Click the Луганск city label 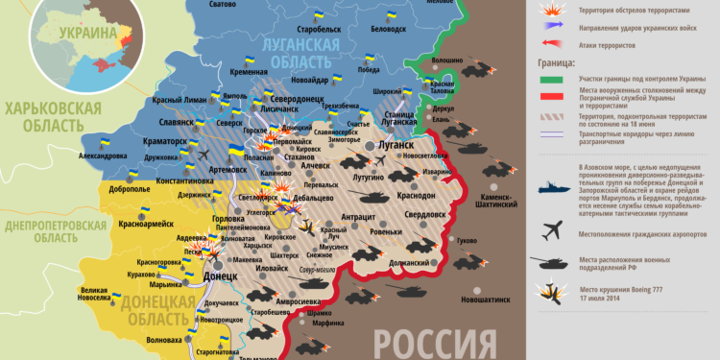395,144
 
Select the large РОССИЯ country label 425,342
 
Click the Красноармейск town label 144,223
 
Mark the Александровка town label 101,156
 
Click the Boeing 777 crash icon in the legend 552,292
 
